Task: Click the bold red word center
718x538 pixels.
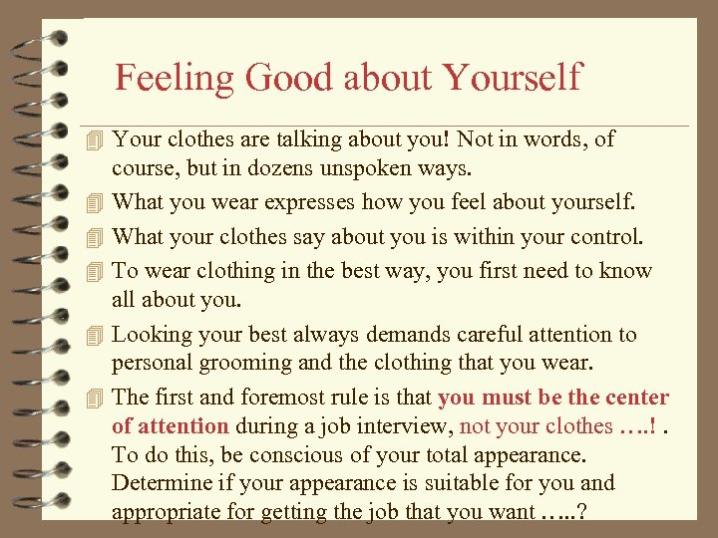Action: (633, 398)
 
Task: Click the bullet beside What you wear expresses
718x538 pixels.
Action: (95, 203)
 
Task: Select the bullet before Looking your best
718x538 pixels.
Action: (95, 336)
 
